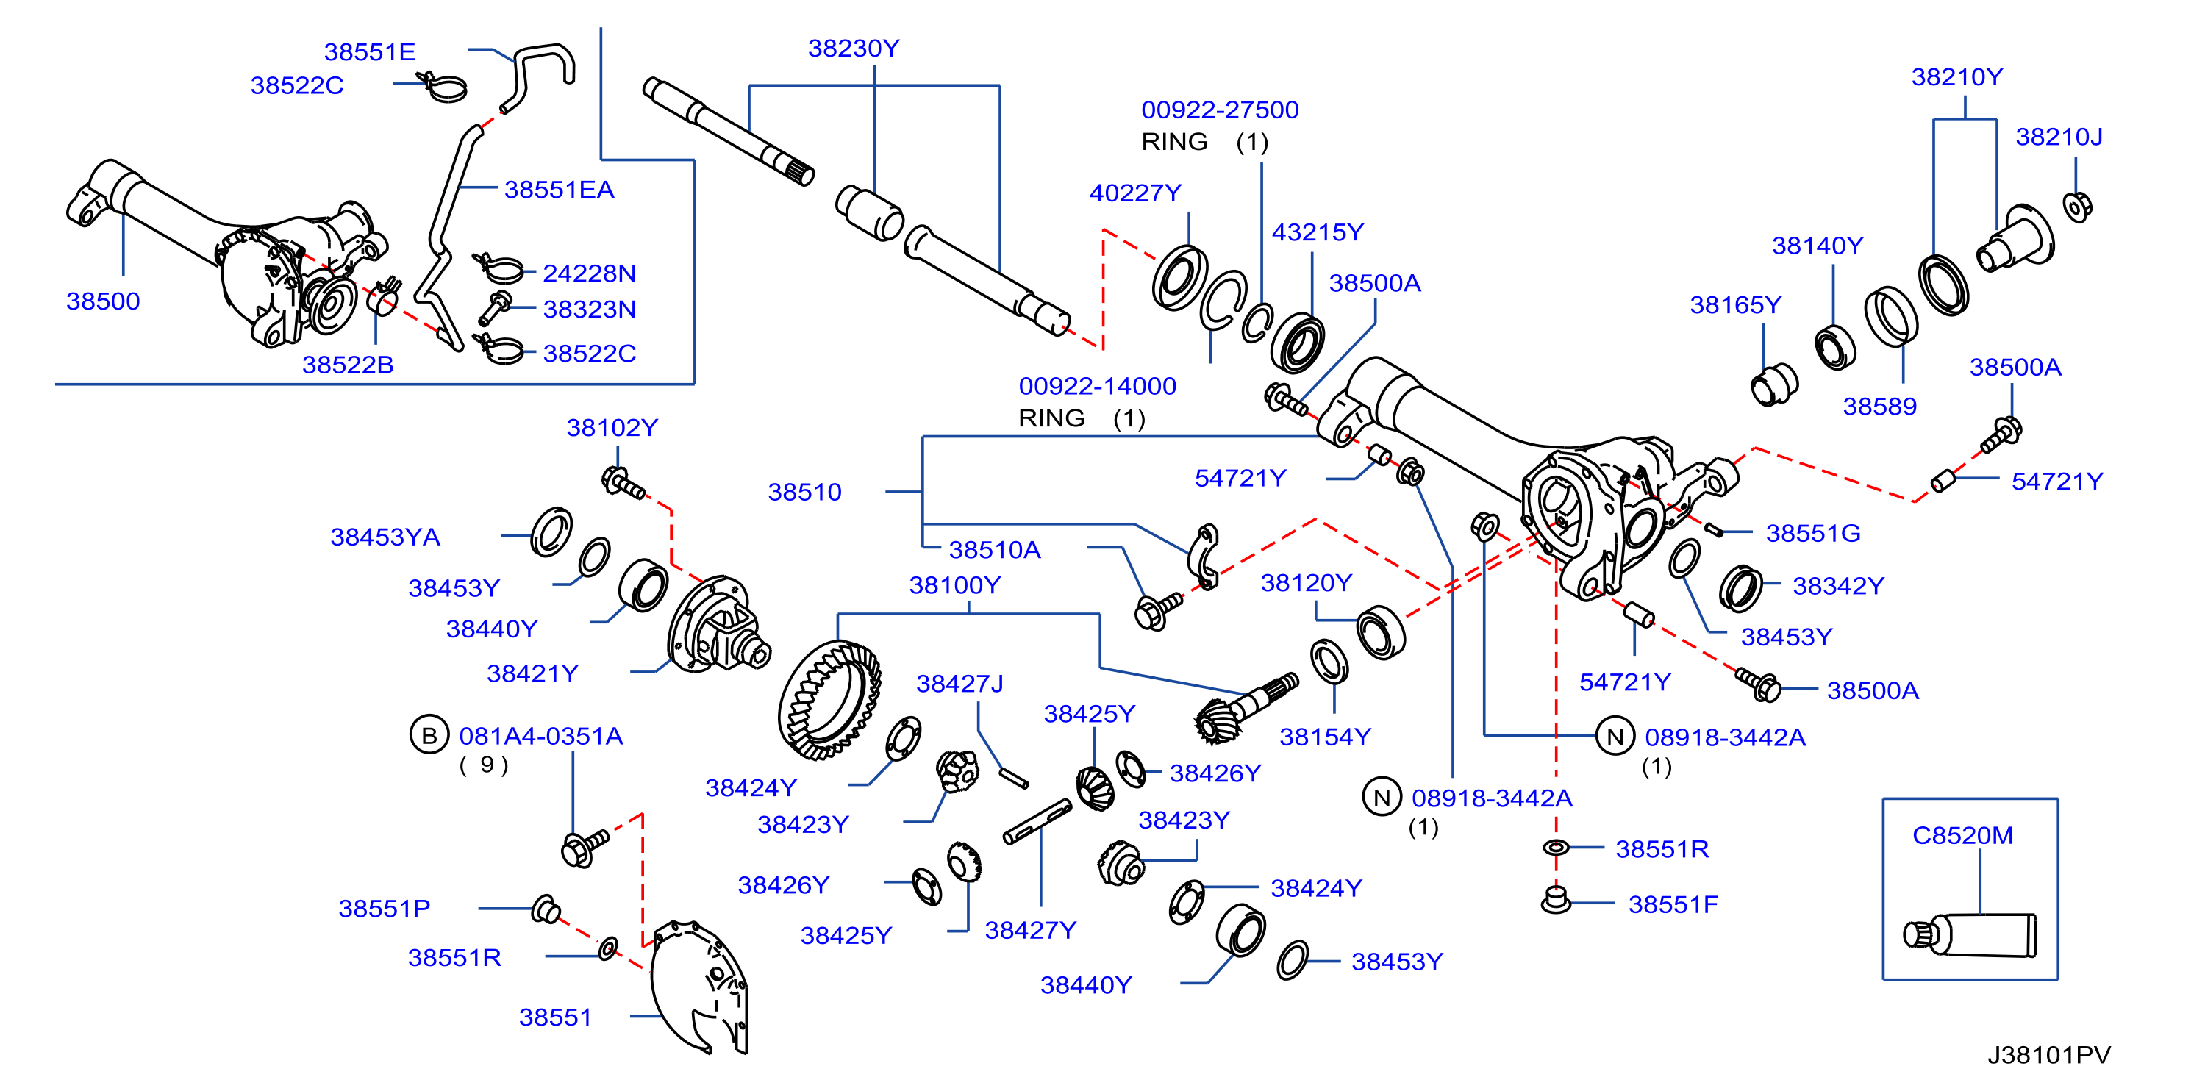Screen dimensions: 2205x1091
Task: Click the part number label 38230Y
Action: point(854,49)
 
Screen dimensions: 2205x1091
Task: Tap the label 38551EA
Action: point(559,190)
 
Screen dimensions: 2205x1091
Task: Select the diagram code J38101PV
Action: point(2048,1055)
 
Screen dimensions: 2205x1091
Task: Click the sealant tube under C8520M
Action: point(1970,934)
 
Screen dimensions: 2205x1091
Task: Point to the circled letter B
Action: point(429,735)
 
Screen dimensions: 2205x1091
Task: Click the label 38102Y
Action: point(612,428)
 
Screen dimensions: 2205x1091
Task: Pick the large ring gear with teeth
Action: point(829,701)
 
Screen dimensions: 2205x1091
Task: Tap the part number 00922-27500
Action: point(1220,110)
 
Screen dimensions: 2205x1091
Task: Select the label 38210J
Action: point(2059,137)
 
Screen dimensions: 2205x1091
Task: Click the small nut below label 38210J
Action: point(2078,207)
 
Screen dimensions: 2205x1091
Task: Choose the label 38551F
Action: point(1673,904)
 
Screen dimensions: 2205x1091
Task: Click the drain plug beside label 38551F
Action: point(1555,900)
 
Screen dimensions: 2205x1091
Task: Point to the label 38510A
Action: point(995,549)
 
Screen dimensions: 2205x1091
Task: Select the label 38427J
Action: point(959,684)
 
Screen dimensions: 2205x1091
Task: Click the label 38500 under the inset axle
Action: point(103,301)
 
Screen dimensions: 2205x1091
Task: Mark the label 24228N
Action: point(589,273)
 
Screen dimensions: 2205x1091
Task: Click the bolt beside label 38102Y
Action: point(623,484)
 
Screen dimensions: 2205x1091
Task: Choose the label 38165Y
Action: point(1735,306)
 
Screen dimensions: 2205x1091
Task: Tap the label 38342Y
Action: point(1839,586)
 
